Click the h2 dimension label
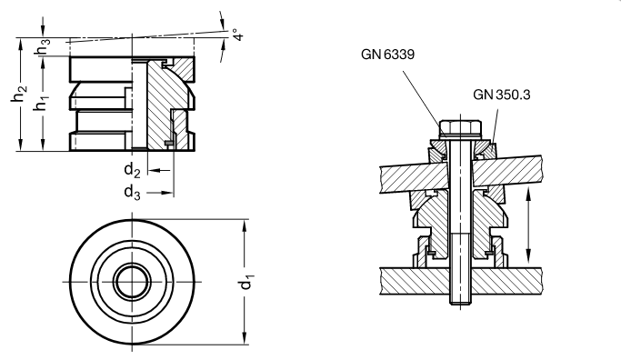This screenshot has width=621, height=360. coord(18,93)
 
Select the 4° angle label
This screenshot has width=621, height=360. coord(237,34)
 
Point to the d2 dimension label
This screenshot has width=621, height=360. coord(132,170)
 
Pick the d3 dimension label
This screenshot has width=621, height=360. coord(132,193)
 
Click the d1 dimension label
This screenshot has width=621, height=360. coord(245,284)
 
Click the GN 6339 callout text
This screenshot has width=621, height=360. coord(387,54)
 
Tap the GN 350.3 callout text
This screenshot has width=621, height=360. coord(501,95)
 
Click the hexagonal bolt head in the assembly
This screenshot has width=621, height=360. coord(460,128)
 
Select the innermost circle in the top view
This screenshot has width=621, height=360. coord(132,282)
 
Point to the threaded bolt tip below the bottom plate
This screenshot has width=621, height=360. coord(460,300)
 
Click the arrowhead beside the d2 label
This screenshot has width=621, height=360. coord(155,170)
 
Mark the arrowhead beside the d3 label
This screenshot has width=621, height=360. coord(167,193)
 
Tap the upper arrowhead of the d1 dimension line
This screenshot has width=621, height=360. coord(245,225)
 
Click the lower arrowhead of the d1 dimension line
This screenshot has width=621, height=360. coord(245,338)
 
